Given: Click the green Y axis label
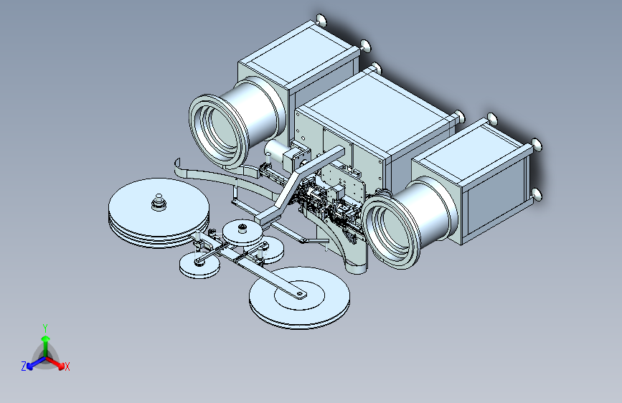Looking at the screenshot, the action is (x=45, y=328).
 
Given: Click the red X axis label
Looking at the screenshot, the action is (x=67, y=366).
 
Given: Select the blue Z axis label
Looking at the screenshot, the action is (x=24, y=366).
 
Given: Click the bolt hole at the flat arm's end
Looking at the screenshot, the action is (x=300, y=294).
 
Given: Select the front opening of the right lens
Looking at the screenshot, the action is (x=390, y=230).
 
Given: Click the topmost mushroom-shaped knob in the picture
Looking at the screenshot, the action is (x=321, y=20).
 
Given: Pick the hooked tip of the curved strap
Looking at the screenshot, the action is (x=177, y=163).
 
